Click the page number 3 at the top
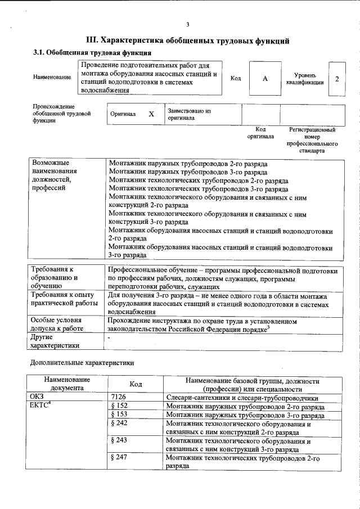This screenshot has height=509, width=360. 187,24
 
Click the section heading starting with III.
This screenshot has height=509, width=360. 187,40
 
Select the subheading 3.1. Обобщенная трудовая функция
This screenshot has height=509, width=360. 92,53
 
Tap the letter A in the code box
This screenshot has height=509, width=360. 264,79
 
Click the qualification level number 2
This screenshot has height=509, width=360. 337,79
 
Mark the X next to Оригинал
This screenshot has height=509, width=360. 151,114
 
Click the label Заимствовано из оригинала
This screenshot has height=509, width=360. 188,114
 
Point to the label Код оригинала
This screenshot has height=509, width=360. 260,133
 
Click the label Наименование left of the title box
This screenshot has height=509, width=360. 52,78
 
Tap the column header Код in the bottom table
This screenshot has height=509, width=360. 135,384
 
